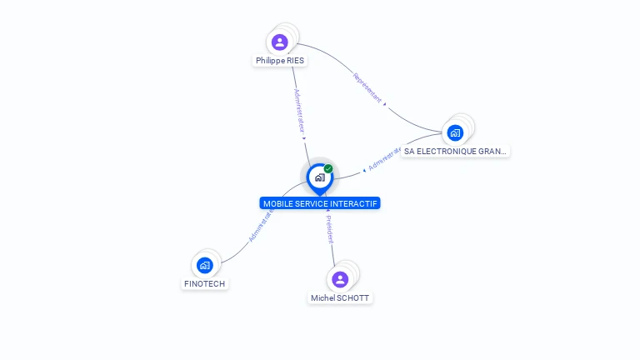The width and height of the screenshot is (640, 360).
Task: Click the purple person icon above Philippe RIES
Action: point(280,42)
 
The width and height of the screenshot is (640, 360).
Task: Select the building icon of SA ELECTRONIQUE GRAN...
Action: point(455,132)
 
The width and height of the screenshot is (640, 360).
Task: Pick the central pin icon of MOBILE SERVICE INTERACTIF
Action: point(319,177)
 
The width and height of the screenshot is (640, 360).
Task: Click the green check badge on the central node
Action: point(328,168)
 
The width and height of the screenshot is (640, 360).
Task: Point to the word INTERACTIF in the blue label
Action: point(355,203)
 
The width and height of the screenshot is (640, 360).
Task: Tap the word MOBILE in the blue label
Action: point(278,203)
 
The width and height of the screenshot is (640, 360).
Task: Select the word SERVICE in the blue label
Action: point(312,203)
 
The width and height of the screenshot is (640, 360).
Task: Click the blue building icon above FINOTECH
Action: point(205,266)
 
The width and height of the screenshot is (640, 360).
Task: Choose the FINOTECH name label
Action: point(204,283)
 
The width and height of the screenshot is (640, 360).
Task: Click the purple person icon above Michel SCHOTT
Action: point(340,279)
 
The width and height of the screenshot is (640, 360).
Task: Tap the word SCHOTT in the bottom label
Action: point(352,297)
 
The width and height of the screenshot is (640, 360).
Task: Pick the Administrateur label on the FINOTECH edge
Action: point(261,225)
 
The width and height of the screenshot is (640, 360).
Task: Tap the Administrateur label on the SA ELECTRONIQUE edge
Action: point(385,158)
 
